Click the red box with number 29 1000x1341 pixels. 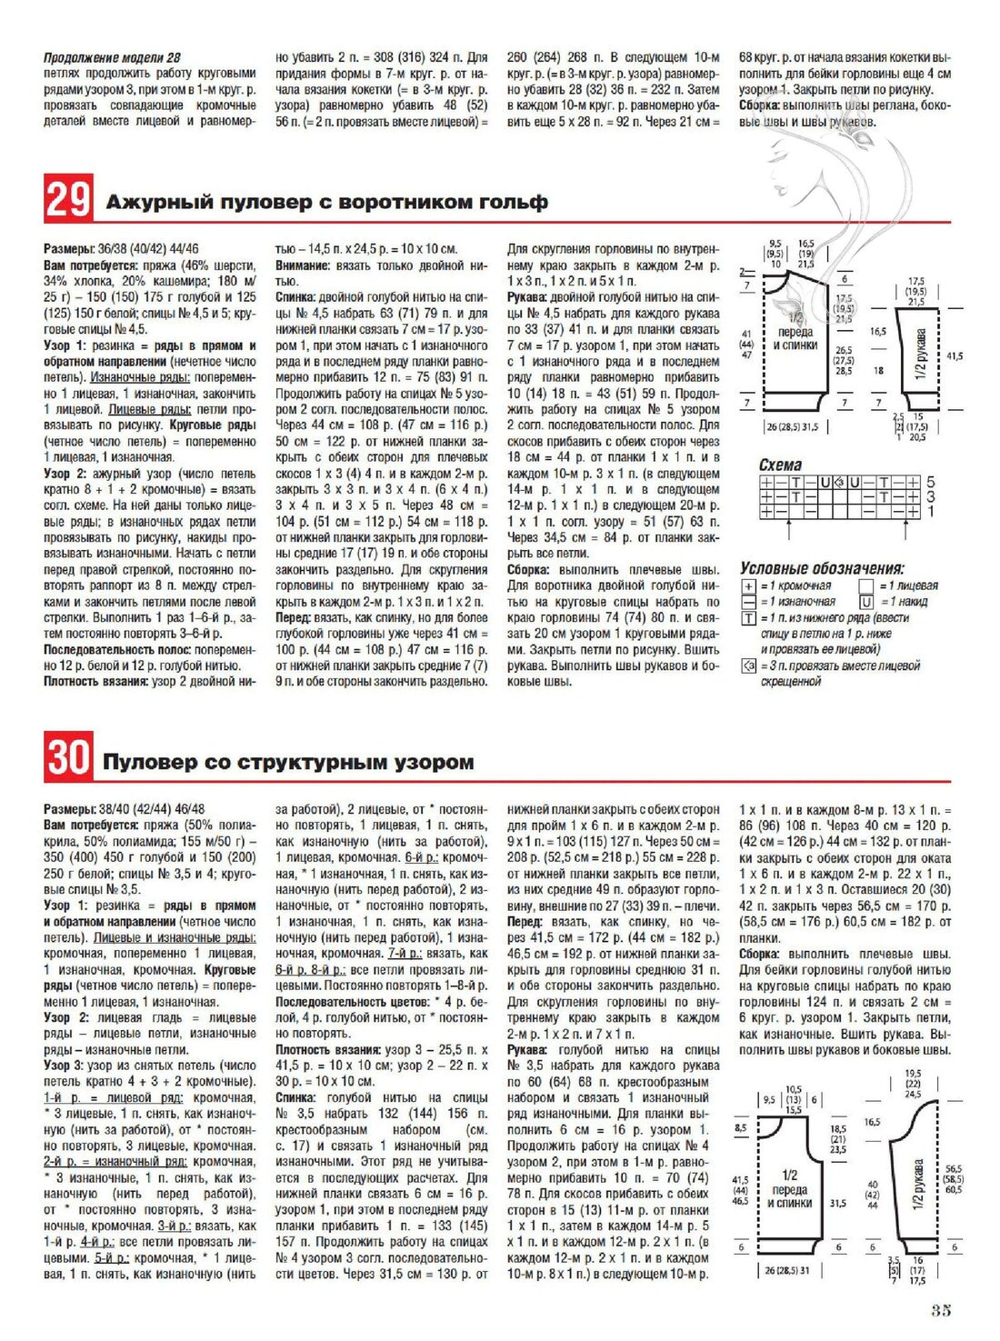point(67,199)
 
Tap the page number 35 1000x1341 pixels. point(941,1311)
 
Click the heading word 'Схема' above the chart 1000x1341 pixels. point(780,465)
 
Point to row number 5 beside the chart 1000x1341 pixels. point(930,483)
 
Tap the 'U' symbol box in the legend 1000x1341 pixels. point(865,602)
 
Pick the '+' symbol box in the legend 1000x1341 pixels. point(749,586)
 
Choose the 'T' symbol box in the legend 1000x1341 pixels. point(749,618)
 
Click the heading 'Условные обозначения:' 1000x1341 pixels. point(822,568)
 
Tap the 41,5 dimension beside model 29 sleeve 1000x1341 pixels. point(955,356)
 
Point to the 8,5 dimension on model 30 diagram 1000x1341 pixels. point(741,1127)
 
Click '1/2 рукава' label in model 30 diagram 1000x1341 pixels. point(919,1182)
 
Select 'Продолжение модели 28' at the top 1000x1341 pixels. point(112,57)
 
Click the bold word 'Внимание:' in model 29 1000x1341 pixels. point(302,265)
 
